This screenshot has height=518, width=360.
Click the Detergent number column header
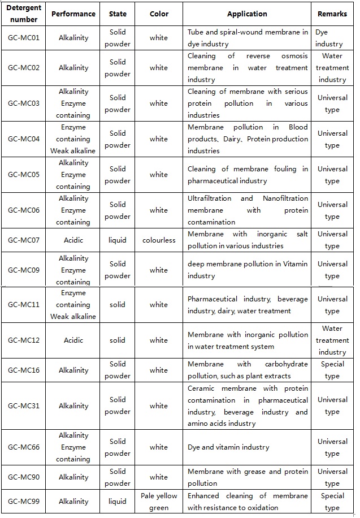(24, 14)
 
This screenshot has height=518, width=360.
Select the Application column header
(247, 14)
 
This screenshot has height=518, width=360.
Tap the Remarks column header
(332, 14)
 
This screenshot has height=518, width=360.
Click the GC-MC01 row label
(24, 38)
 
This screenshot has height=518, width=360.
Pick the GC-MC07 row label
(24, 240)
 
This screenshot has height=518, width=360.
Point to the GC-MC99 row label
(24, 501)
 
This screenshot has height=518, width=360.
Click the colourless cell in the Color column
(159, 240)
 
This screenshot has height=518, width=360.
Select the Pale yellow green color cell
(159, 502)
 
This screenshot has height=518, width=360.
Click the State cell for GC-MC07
(118, 240)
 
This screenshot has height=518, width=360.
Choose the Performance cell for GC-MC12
(73, 340)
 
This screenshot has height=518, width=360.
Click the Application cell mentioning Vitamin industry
(247, 270)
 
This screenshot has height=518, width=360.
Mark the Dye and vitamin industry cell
(247, 447)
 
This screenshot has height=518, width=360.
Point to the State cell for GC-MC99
(118, 501)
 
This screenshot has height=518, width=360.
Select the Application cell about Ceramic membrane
(247, 405)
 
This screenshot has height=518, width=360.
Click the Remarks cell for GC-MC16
(332, 370)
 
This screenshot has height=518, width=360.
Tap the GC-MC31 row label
(24, 405)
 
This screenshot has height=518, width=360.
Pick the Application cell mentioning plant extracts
(247, 370)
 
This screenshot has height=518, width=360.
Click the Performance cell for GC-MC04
(73, 139)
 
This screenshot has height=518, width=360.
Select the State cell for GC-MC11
(118, 304)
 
